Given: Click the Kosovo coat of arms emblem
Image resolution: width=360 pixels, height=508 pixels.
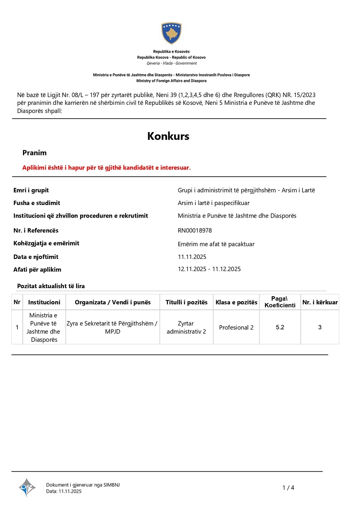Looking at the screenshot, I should tap(171, 33).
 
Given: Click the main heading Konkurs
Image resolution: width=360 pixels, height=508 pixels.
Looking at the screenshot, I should tap(168, 136).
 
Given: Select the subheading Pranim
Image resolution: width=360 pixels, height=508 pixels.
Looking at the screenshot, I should tap(35, 153).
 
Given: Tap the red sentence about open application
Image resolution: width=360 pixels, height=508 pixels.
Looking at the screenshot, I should tap(107, 168).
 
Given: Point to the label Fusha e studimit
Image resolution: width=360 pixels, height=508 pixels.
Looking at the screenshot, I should tap(37, 203).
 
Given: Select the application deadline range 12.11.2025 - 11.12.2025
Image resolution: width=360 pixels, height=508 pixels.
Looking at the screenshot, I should tap(210, 269).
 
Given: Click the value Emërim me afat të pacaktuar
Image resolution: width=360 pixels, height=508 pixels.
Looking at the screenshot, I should tap(216, 244).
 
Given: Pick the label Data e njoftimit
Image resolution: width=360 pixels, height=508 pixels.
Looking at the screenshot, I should tap(36, 257).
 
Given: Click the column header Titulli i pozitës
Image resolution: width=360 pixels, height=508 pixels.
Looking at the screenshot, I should tap(186, 302).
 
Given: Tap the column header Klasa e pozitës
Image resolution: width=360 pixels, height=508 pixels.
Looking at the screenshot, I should tap(236, 302).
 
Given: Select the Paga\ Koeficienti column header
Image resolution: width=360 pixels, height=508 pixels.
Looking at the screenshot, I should tap(280, 302).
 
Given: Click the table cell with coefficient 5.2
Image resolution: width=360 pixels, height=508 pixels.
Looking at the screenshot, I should tap(280, 327).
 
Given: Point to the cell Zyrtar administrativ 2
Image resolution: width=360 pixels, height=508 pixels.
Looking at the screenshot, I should tap(186, 327).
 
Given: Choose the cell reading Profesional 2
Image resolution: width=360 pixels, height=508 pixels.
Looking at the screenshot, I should tap(236, 327).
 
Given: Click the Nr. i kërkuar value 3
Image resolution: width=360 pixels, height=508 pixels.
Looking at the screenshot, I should tap(320, 327).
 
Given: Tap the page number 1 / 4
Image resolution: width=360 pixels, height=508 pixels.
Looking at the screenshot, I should tap(288, 488).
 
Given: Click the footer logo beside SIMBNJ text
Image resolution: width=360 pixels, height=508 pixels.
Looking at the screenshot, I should tap(27, 487).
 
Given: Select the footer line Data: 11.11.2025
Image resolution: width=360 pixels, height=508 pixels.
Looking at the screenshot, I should tap(64, 491).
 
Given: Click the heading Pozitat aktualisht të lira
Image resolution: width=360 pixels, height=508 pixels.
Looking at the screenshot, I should tap(51, 286).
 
